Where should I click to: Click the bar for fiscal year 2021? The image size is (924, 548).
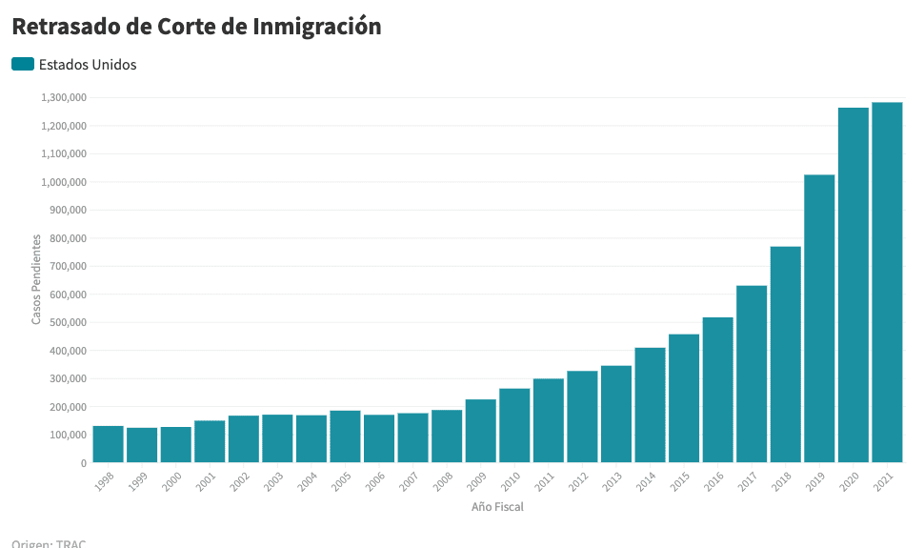click(887, 282)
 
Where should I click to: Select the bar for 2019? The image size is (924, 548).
click(819, 318)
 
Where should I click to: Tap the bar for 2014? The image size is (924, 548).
click(650, 405)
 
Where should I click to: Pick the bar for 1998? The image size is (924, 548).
click(108, 444)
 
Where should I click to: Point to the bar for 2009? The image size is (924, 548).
click(480, 431)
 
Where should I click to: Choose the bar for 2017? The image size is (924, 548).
click(752, 374)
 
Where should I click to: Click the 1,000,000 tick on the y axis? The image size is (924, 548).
click(64, 182)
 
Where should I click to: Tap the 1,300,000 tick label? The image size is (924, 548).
click(64, 97)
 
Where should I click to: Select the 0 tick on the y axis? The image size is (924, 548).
click(83, 463)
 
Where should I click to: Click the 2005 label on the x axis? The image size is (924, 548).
click(341, 481)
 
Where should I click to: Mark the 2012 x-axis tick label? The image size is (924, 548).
click(578, 481)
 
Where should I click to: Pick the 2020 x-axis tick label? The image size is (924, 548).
click(850, 481)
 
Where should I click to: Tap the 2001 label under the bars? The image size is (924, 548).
click(206, 481)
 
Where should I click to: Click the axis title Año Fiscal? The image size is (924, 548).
click(497, 507)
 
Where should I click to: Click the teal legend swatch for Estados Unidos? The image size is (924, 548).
click(23, 64)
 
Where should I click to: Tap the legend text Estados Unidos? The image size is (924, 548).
click(88, 65)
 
